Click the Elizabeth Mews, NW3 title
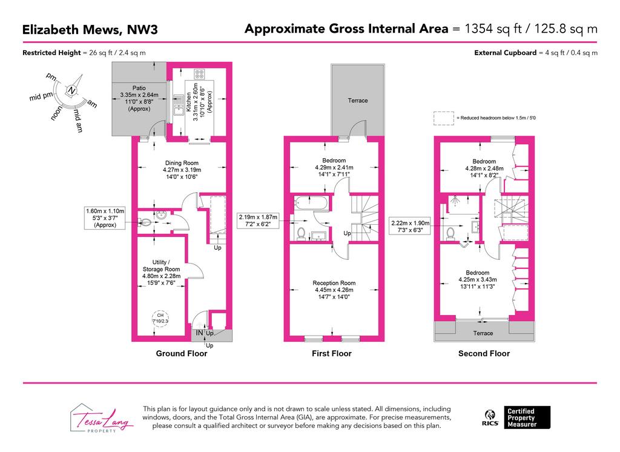point(90,30)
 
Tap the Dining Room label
point(182,162)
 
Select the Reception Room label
point(334,283)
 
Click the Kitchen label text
point(189,102)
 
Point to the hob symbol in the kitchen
point(199,74)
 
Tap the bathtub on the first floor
point(311,202)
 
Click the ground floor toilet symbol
point(144,222)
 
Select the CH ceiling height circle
point(160,318)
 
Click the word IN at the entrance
point(199,333)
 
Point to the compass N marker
point(71,90)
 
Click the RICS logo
point(490,418)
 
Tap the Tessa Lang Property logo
point(102,418)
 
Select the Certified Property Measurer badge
point(527,417)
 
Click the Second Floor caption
point(484,353)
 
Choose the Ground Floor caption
point(182,353)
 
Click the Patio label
point(139,88)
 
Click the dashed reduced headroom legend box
point(444,118)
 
